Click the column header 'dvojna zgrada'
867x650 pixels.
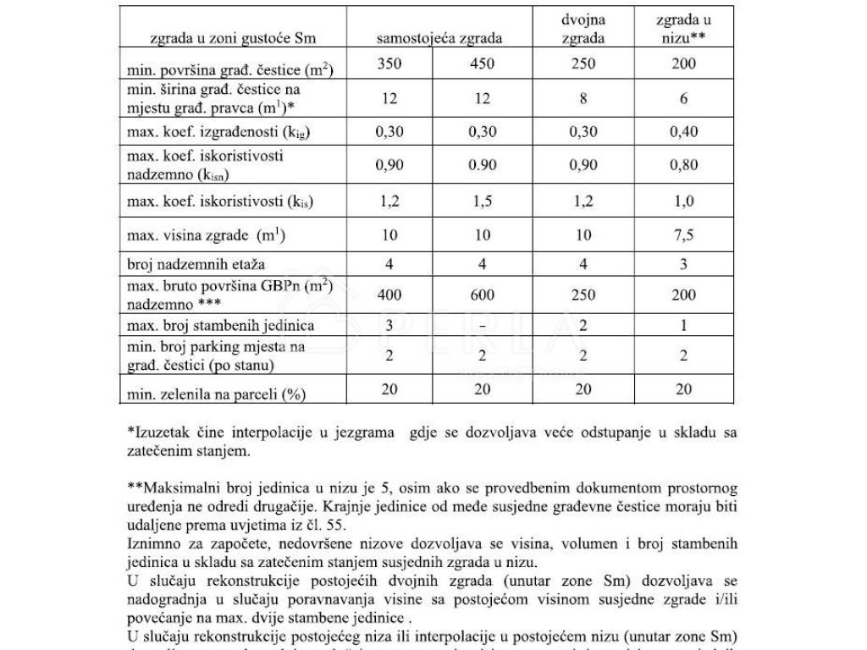[x=583, y=28]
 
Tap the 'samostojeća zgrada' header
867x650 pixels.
[x=439, y=38]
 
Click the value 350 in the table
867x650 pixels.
[x=389, y=63]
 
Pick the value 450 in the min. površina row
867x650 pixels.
[x=482, y=63]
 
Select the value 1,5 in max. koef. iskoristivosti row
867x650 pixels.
[x=482, y=201]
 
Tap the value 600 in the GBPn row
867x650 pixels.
[x=482, y=295]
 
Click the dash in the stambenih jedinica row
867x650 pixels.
[x=482, y=326]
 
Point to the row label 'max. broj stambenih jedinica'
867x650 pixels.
[x=220, y=326]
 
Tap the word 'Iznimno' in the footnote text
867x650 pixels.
[x=152, y=542]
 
